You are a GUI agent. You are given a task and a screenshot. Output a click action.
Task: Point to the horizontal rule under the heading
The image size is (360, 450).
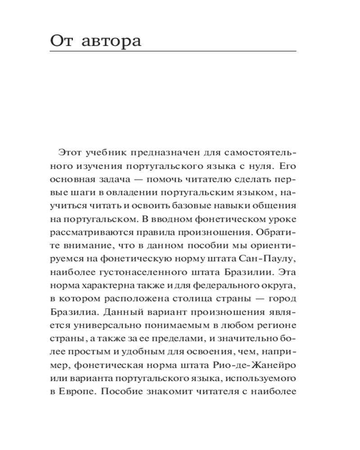(x=173, y=52)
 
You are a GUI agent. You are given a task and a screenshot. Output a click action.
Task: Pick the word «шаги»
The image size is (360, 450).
(x=81, y=193)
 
